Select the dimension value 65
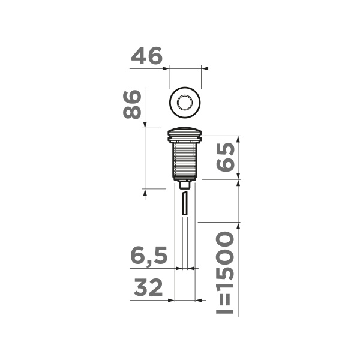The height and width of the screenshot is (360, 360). [225, 157]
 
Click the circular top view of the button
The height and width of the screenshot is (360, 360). [185, 101]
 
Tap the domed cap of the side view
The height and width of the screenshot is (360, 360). [187, 132]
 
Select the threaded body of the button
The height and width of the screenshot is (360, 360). [187, 159]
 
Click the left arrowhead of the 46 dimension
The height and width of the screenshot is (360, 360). [166, 68]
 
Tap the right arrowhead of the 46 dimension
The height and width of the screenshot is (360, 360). [205, 68]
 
